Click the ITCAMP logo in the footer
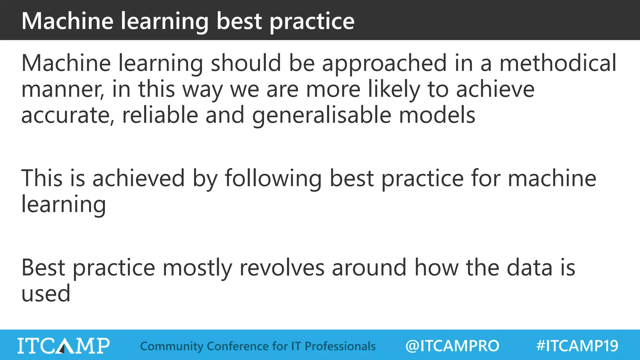coord(63,346)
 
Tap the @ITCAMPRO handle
coord(452,346)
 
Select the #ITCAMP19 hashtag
coord(577,346)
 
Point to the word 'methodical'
coord(558,63)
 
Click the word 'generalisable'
coord(322,116)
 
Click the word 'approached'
coord(384,64)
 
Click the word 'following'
coord(273,179)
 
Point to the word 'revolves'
coord(282,268)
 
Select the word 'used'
coord(46,294)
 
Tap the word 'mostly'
coord(197,268)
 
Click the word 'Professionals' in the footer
coord(340,346)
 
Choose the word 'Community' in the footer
coord(172,346)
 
